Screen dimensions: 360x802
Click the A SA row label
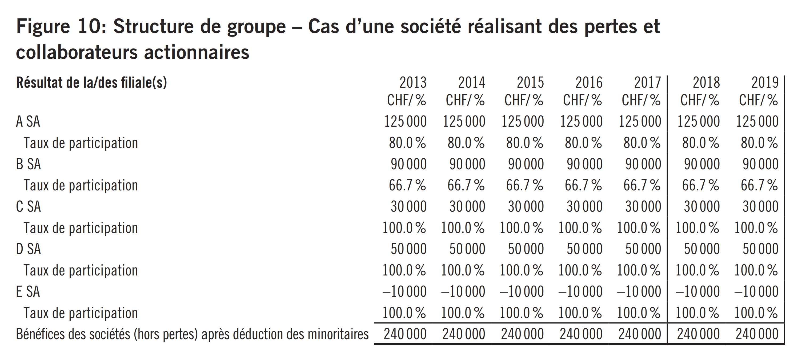28,121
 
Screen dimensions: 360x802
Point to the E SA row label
28,292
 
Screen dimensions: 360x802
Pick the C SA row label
28,206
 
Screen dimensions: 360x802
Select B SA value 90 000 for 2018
702,164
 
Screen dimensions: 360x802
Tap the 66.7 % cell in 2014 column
466,185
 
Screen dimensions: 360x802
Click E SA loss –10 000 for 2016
580,292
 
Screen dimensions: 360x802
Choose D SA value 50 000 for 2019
760,249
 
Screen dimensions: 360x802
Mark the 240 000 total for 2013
405,334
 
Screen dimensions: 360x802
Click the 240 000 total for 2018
698,334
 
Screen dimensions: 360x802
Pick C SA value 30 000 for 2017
643,206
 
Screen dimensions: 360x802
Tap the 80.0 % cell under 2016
583,143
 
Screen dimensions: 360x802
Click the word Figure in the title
43,27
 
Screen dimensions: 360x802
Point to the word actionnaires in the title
197,52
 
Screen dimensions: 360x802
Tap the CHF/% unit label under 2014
465,100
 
